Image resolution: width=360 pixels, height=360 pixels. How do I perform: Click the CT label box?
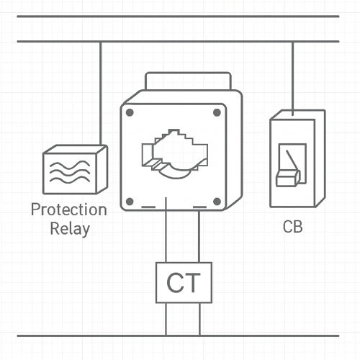click(184, 282)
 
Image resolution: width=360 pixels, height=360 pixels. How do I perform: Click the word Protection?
click(68, 210)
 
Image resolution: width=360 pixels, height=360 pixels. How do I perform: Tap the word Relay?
click(70, 230)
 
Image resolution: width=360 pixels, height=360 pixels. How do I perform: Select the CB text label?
click(292, 227)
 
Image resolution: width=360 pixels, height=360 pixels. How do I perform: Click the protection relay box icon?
click(75, 170)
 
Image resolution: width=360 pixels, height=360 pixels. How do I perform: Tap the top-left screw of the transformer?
click(130, 112)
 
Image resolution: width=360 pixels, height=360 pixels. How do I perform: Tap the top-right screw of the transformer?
click(217, 112)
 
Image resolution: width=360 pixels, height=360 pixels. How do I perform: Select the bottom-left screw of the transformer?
click(130, 201)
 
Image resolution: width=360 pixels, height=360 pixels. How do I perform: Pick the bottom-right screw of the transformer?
click(217, 201)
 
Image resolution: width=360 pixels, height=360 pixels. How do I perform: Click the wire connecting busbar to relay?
click(100, 94)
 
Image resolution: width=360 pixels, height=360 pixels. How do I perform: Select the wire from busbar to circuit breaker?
click(292, 76)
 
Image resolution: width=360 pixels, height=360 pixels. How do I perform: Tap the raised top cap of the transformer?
click(187, 81)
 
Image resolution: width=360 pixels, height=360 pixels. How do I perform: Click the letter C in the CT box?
click(175, 283)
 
